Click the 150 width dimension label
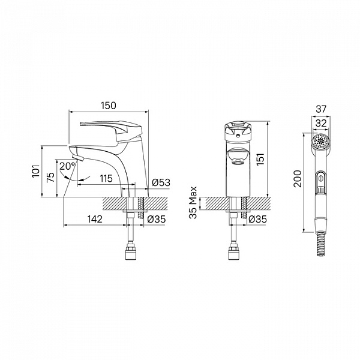point(109,106)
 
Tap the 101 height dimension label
point(36,171)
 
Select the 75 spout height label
point(50,177)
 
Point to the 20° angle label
point(67,166)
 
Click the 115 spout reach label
point(106,178)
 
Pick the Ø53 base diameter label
point(161,182)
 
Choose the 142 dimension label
point(95,219)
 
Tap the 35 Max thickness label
point(193,203)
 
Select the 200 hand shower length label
point(298,179)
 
